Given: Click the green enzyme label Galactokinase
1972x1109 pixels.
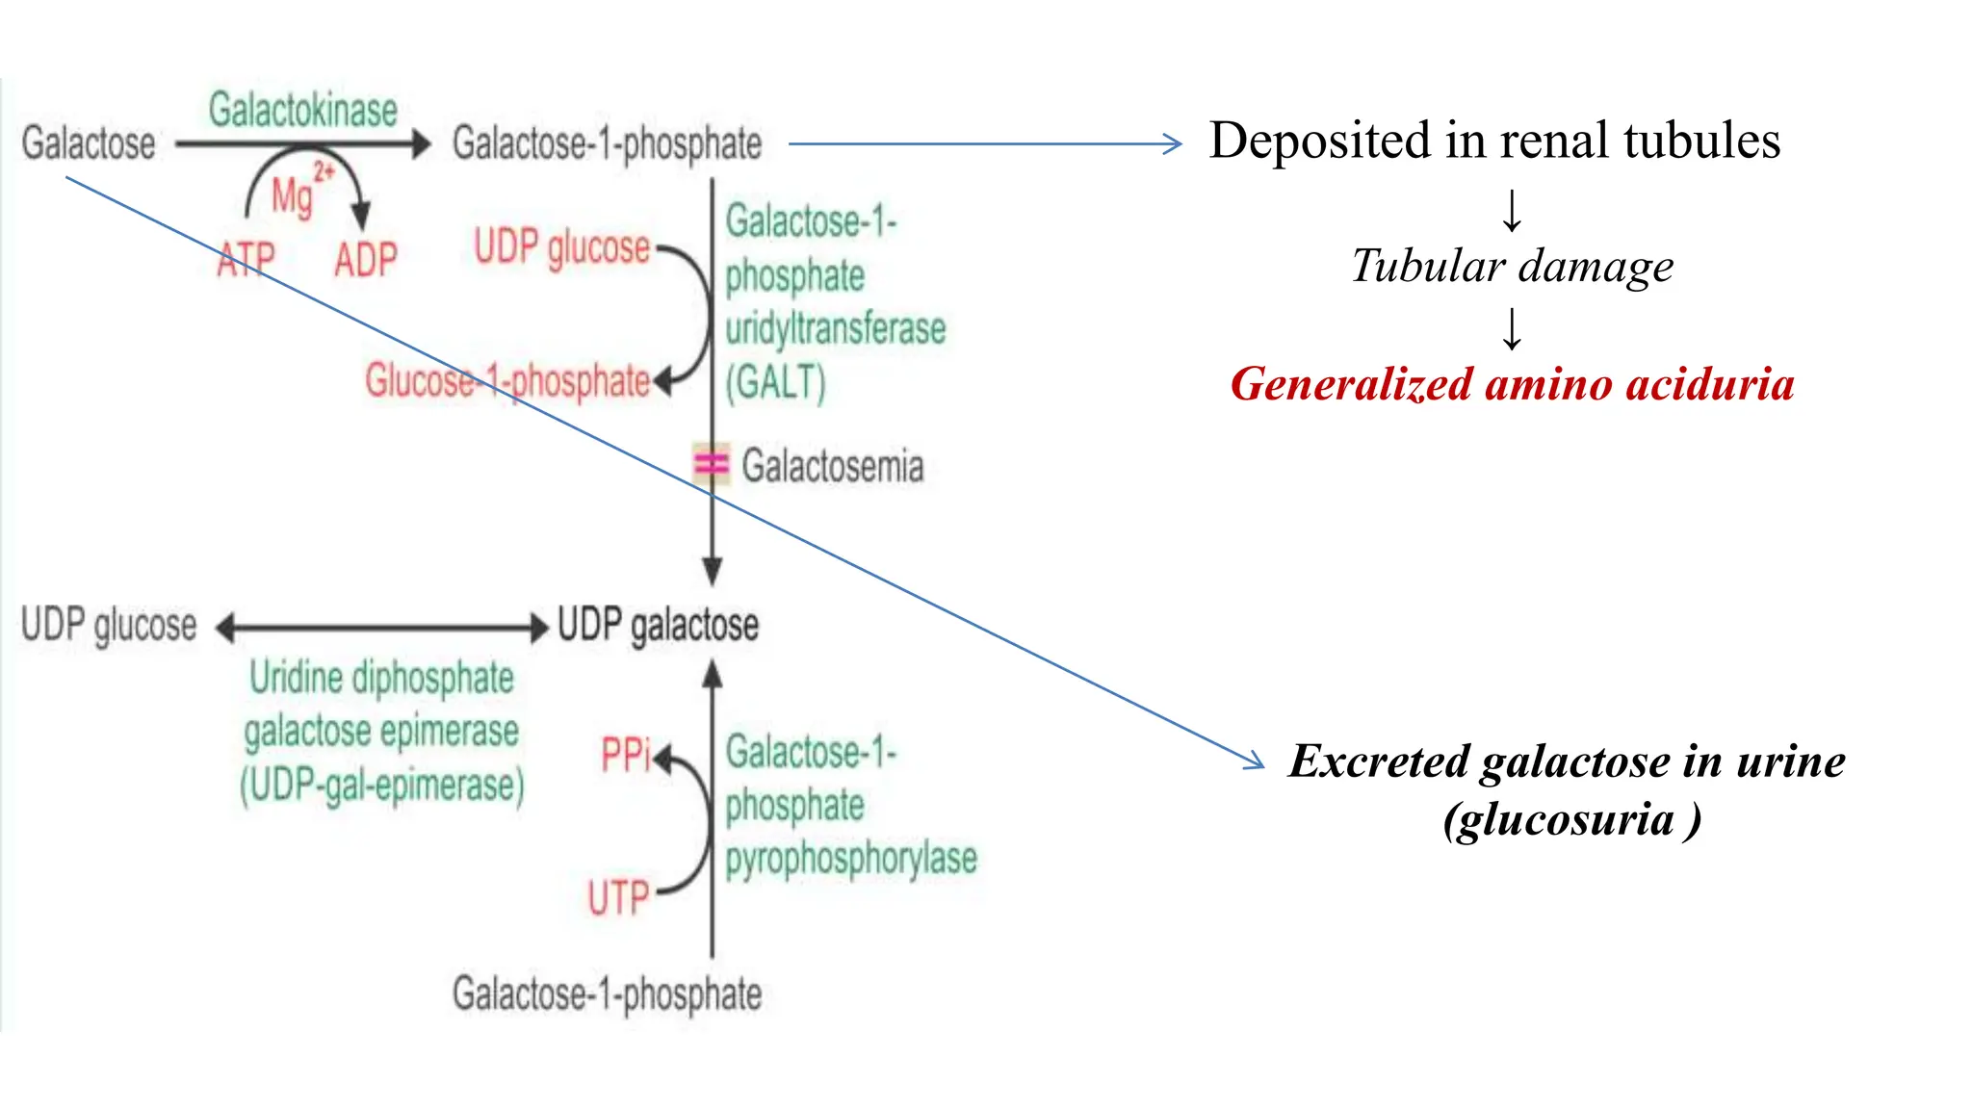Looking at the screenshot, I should (303, 111).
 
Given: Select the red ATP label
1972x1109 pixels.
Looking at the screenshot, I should (246, 260).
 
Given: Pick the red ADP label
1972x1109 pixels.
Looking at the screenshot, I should (366, 260).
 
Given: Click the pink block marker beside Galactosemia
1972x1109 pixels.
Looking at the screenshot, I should (712, 464).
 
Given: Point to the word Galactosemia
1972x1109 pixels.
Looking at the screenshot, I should (832, 466).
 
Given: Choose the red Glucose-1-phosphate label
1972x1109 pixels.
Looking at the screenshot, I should (507, 381).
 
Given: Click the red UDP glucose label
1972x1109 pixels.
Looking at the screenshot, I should (561, 247).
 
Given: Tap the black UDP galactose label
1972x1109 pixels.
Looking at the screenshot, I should (659, 625).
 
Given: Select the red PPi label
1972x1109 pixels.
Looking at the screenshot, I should (626, 755).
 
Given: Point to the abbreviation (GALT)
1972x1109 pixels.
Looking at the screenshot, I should (776, 382).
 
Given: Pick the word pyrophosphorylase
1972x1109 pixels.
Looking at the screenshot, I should (851, 859).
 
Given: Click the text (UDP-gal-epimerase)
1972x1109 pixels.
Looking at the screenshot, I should (382, 786).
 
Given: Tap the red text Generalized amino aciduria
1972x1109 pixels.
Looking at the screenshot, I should (1512, 384).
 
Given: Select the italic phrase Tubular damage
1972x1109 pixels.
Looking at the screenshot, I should (1512, 266).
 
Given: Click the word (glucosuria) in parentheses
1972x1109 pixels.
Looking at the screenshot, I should (1571, 820).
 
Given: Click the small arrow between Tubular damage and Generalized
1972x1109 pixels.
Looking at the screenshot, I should (1513, 328).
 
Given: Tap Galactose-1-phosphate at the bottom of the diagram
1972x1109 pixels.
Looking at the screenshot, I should (608, 993).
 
